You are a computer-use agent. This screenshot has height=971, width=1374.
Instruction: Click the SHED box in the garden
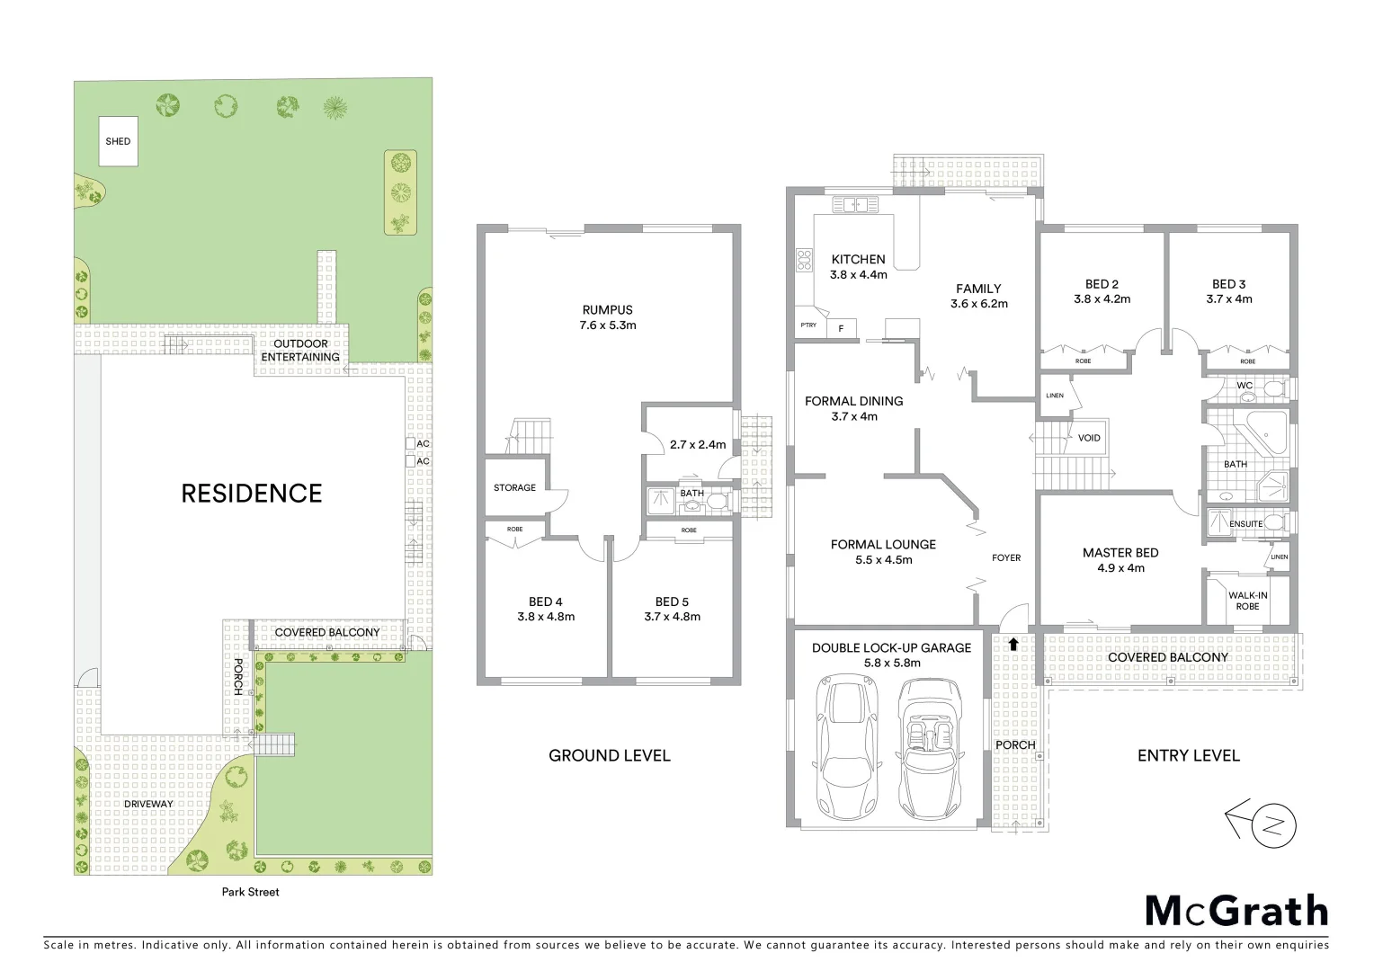point(118,141)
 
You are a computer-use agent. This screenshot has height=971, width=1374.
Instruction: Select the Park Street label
point(251,892)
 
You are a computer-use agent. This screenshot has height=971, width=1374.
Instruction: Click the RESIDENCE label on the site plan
point(252,494)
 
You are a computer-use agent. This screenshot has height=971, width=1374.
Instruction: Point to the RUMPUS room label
point(608,310)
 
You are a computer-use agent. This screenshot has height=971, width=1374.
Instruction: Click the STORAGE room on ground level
point(514,487)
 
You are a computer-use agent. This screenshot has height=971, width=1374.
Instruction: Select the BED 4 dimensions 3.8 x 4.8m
point(546,617)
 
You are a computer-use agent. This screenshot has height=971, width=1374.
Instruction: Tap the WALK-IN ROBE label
point(1247,601)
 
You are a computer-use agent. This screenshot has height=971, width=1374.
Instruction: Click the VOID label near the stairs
point(1089,439)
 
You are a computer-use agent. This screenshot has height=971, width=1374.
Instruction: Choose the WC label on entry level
point(1245,386)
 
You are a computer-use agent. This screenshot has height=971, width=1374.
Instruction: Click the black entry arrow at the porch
point(1014,644)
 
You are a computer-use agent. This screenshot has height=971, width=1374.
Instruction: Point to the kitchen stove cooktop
point(803,260)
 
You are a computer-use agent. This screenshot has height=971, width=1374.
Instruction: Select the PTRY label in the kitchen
point(808,325)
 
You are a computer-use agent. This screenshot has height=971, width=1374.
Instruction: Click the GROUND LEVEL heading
point(609,755)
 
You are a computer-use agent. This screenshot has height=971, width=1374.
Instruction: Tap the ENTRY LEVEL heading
point(1188,755)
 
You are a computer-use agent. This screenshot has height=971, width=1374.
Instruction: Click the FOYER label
point(1006,557)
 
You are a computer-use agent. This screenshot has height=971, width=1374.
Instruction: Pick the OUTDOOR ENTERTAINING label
point(300,350)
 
